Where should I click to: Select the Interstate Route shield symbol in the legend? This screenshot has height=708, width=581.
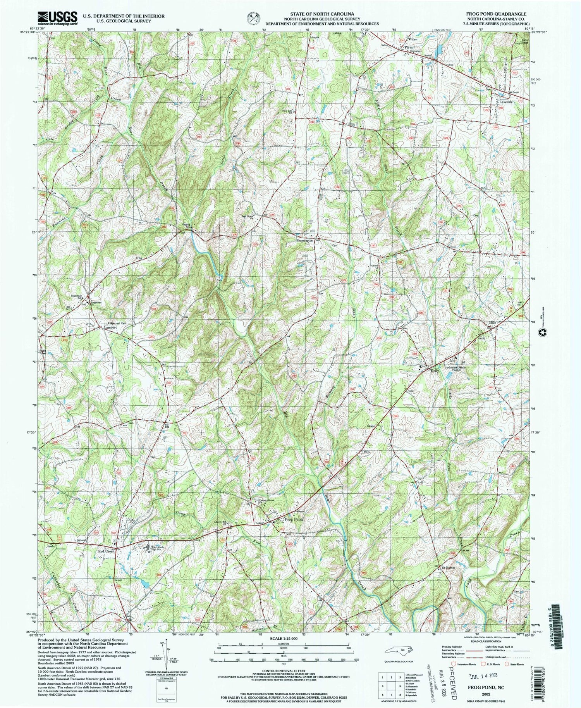click(x=452, y=664)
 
